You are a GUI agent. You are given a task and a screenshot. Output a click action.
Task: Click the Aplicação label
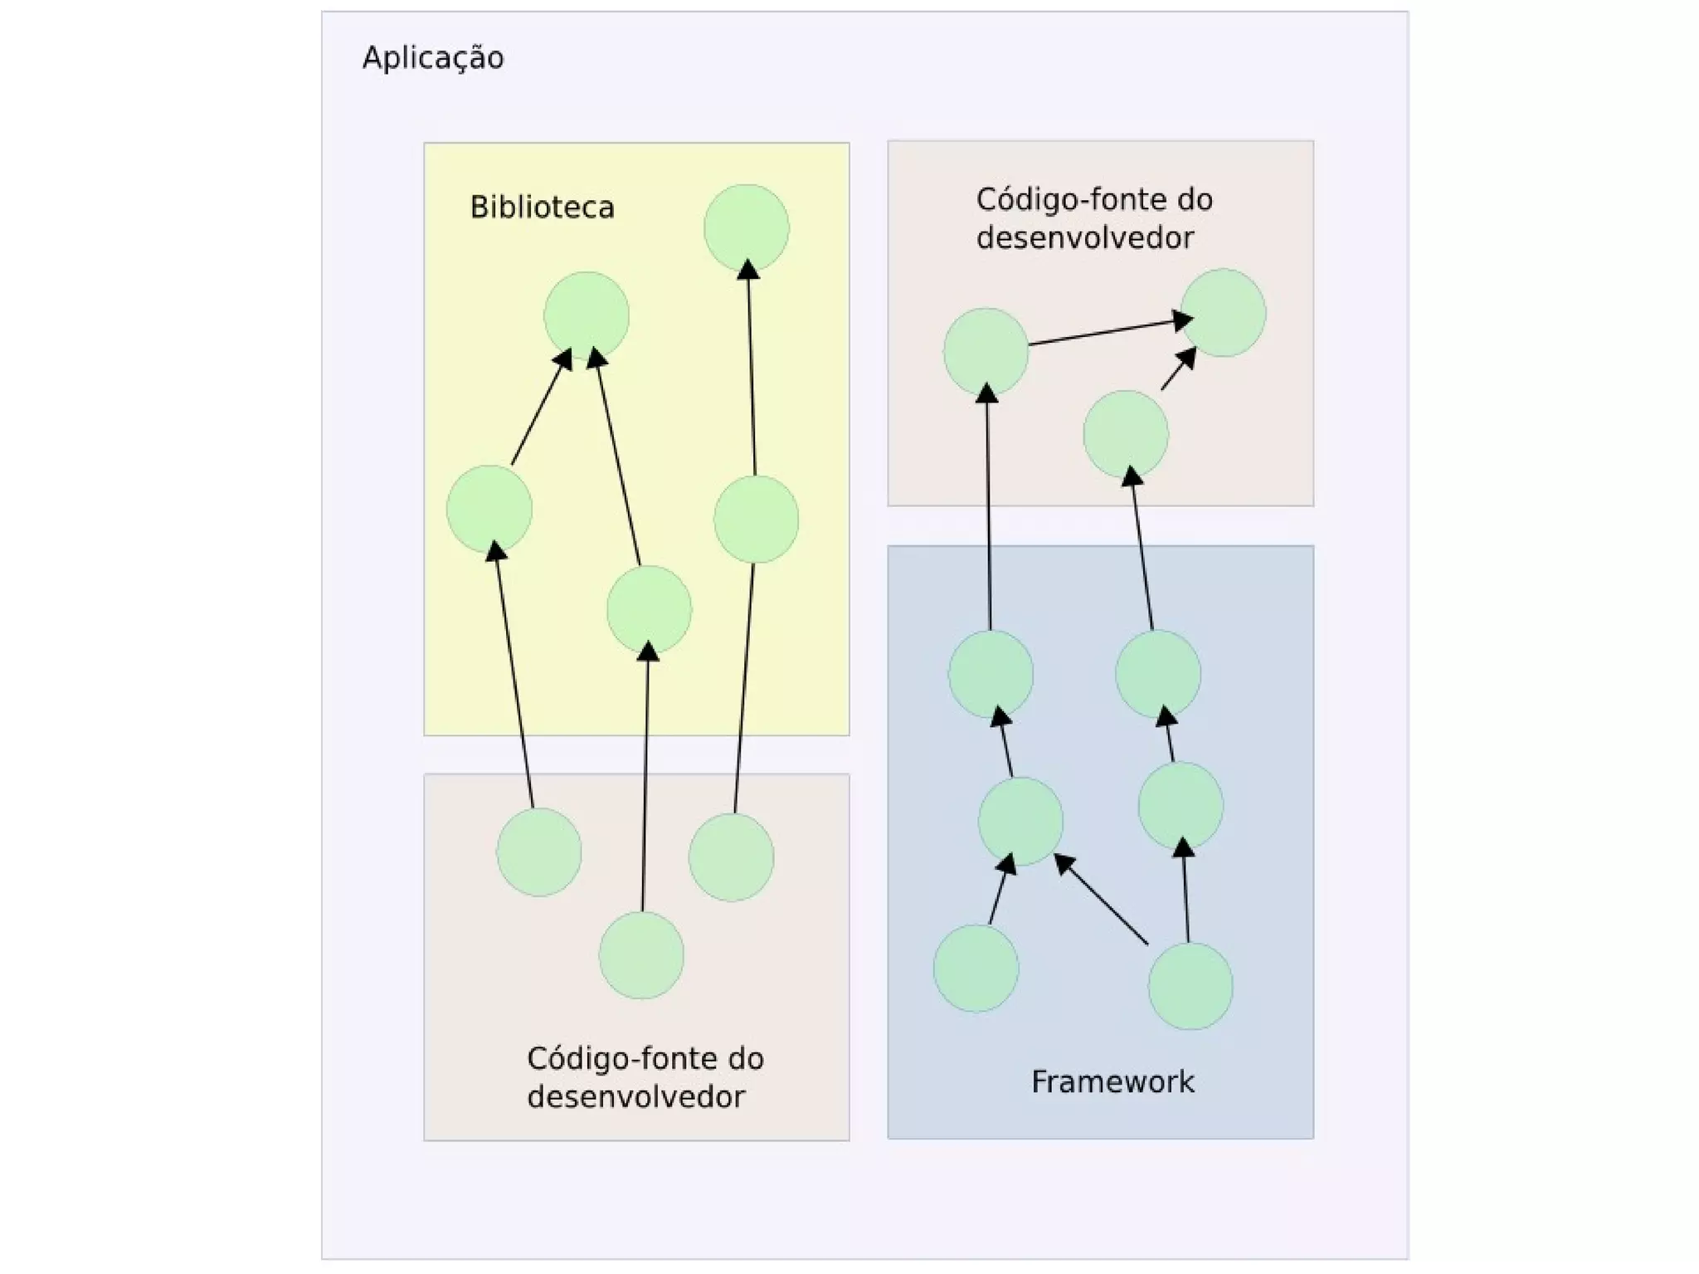coord(433,58)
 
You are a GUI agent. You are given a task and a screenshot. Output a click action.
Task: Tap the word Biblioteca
coord(542,207)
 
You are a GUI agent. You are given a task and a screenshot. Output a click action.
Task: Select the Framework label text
coord(1112,1081)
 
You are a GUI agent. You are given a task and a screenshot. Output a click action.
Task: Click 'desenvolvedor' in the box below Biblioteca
coord(636,1096)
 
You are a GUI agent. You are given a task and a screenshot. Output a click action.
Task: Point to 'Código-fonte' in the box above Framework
coord(1039,200)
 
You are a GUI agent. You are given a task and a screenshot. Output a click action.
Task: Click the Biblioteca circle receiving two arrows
coord(586,315)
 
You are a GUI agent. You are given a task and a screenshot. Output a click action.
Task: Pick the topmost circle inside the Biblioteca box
coord(746,227)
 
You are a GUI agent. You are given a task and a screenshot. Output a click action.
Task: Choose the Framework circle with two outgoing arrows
coord(1190,986)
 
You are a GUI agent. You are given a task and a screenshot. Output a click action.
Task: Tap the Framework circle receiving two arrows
coord(1020,822)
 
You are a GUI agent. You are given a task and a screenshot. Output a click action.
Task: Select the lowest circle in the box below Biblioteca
coord(641,955)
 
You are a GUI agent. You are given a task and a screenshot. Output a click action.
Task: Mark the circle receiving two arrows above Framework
coord(1223,313)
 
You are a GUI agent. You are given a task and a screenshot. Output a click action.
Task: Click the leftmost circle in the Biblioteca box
coord(489,509)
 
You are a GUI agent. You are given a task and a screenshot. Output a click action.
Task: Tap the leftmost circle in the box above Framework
coord(986,352)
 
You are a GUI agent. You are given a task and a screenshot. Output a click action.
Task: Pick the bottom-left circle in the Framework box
coord(976,969)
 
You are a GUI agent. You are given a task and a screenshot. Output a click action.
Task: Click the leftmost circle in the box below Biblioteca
coord(538,852)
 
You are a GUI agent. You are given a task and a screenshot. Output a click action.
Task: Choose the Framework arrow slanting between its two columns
coord(1102,901)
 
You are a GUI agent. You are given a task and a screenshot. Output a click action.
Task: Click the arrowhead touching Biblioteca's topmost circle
coord(748,270)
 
